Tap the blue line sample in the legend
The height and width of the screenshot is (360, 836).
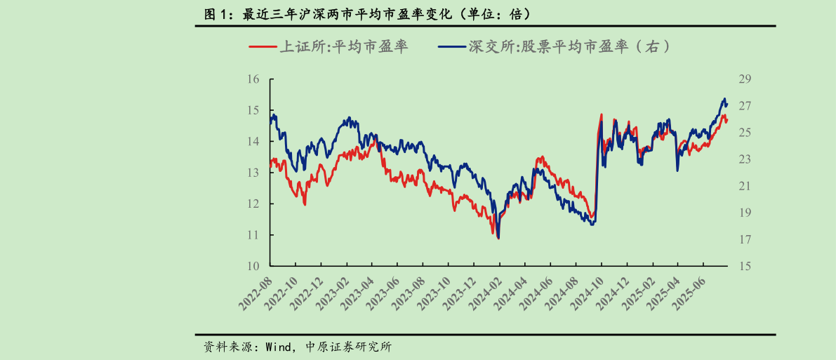pos(453,47)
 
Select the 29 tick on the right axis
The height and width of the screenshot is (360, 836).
pos(745,79)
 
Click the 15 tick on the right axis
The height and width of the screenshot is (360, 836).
pos(745,266)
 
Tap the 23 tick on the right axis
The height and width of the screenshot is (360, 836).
pos(745,159)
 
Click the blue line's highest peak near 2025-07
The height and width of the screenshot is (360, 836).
pos(724,99)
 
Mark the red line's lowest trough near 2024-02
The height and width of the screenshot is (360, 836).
pos(498,239)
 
